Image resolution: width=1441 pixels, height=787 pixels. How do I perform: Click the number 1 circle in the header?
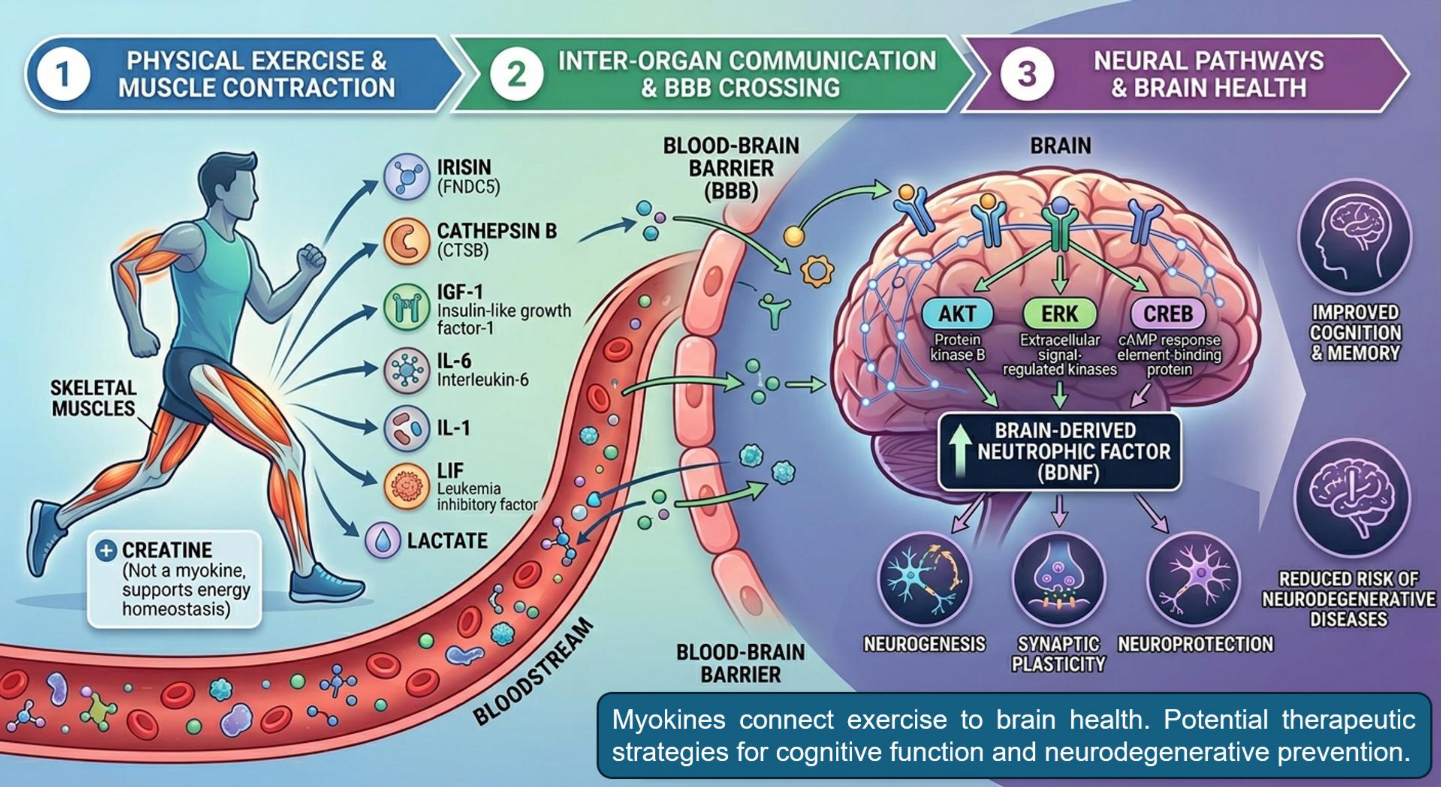(x=63, y=75)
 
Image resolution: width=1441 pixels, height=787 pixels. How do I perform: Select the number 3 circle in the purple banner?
(x=1027, y=75)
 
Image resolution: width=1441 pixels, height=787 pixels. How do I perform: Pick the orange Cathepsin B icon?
(x=407, y=241)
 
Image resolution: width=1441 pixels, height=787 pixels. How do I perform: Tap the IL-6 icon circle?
(x=407, y=370)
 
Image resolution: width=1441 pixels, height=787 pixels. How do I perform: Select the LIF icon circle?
(x=407, y=486)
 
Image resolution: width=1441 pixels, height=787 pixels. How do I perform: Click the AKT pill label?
(x=957, y=314)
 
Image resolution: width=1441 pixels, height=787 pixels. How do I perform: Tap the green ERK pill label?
(x=1059, y=314)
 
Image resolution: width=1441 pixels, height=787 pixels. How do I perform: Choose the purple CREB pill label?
(x=1168, y=314)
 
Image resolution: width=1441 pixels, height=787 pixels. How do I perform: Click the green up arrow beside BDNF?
(x=960, y=452)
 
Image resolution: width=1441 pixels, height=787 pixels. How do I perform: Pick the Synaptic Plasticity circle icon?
(x=1059, y=580)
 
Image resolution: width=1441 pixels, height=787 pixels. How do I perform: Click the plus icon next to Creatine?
(x=106, y=550)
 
